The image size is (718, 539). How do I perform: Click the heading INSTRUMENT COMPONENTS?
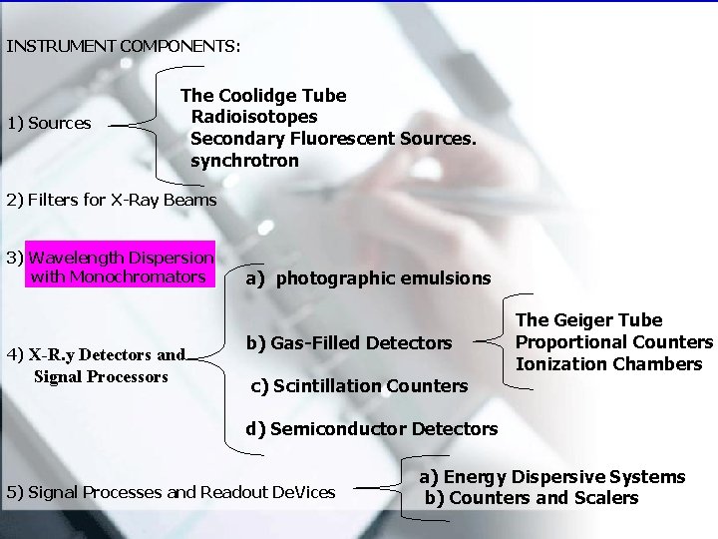124,46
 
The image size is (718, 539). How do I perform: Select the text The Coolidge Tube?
263,96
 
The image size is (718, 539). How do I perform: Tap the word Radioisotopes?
254,118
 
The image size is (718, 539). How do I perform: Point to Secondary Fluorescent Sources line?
333,139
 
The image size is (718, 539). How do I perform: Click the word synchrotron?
244,161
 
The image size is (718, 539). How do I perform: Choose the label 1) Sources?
49,124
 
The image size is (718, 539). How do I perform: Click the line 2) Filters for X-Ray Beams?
112,200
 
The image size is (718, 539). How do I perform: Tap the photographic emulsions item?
369,278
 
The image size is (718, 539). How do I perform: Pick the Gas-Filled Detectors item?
349,343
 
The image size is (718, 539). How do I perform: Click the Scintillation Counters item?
359,386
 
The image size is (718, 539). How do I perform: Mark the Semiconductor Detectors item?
372,429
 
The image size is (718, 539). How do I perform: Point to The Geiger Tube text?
588,320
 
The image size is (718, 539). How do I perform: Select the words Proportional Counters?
614,342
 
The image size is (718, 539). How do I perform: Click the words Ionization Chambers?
609,364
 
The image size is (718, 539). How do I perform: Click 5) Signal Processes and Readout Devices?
171,492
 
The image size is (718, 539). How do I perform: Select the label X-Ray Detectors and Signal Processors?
97,365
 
